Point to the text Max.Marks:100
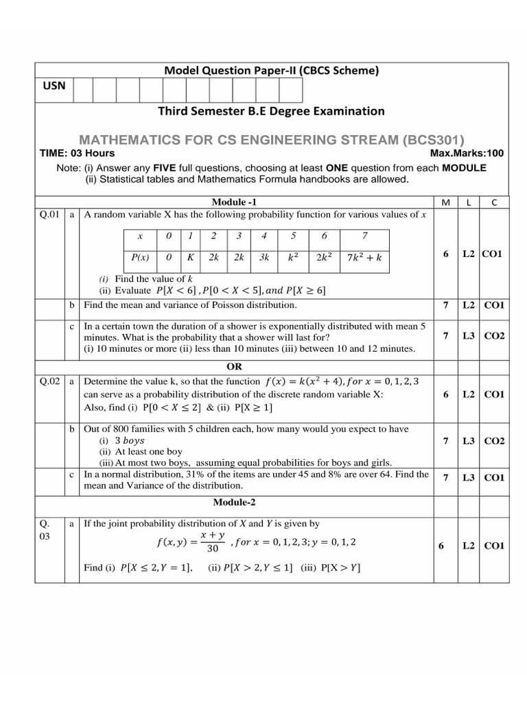(466, 154)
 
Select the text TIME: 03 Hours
(78, 154)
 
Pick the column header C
(493, 203)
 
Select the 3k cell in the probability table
(263, 258)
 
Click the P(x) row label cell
(140, 258)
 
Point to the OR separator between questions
(234, 367)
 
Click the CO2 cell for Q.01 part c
(494, 336)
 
